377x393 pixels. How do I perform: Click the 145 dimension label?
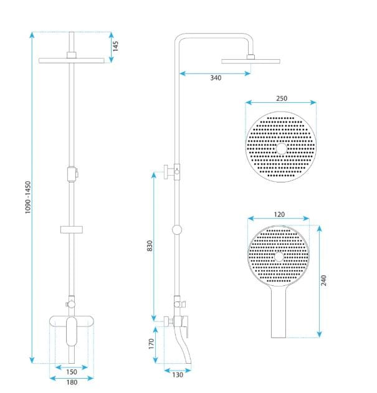[115, 46]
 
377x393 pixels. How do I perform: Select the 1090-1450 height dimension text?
[28, 197]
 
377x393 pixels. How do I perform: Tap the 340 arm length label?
[216, 78]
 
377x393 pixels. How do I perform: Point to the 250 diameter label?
[282, 98]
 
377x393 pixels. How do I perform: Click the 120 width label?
[279, 214]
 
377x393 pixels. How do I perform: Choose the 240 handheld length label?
[323, 280]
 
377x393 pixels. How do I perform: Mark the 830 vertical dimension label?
[150, 245]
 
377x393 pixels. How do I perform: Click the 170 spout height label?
[151, 344]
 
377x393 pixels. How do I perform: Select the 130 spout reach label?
[178, 375]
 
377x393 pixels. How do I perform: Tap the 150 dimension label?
[72, 372]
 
